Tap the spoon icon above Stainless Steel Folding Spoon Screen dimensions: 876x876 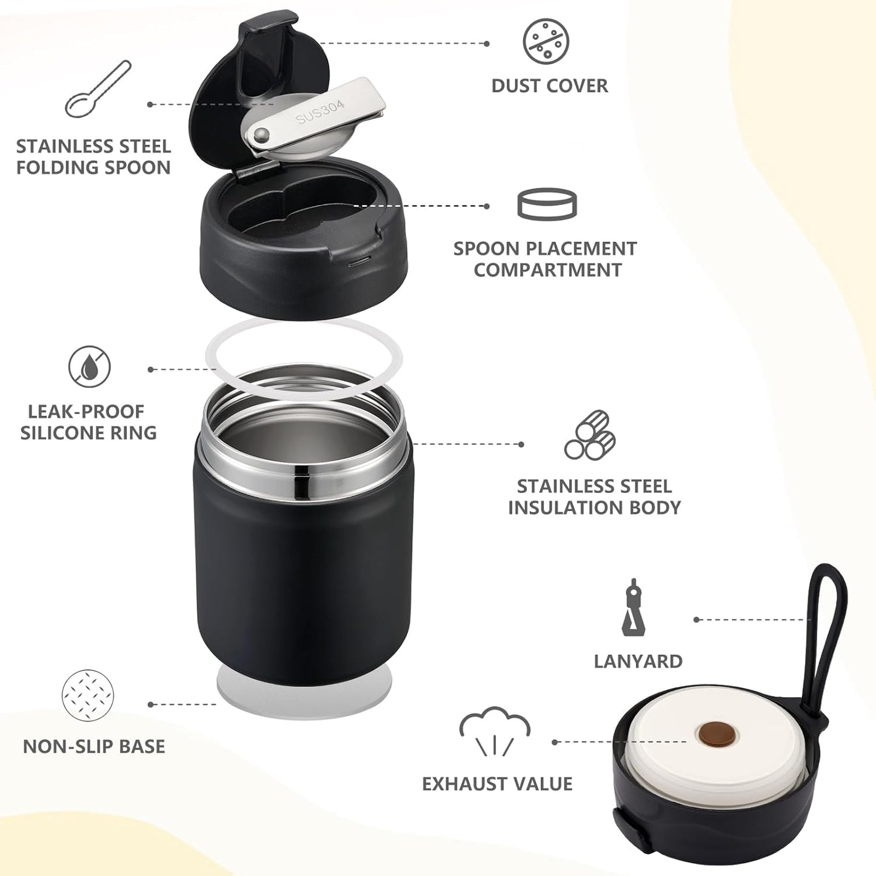[x=98, y=89]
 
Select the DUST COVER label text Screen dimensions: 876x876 [x=549, y=86]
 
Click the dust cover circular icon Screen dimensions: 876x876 [x=546, y=41]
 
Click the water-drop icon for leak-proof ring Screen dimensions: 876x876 [x=89, y=367]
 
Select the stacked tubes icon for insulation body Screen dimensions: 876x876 [x=590, y=435]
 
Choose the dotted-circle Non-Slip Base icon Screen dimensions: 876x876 [x=88, y=695]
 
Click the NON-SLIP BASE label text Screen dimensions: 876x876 [x=94, y=746]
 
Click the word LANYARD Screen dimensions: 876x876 [x=638, y=661]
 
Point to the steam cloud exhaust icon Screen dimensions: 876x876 [x=495, y=731]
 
